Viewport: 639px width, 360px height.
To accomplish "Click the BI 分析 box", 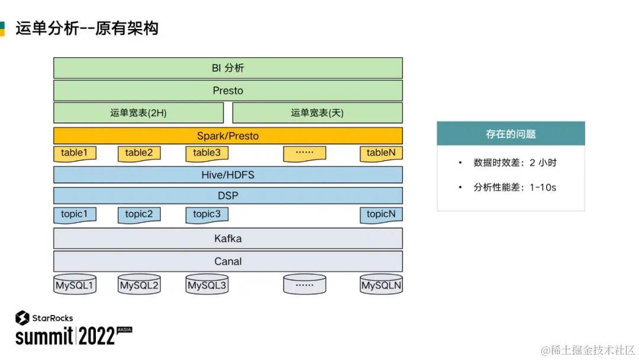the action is (x=228, y=67).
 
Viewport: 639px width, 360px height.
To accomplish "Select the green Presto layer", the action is (x=228, y=91).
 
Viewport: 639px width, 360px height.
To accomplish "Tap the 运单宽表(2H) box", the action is (x=138, y=112).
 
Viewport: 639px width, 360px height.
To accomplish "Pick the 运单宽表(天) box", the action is (x=318, y=112).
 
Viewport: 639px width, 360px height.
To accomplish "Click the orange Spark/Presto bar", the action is (x=228, y=136).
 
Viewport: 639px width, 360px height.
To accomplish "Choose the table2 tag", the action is (x=139, y=153).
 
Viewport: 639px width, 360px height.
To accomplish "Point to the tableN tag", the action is (x=381, y=153).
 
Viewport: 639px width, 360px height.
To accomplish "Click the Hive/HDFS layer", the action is (x=228, y=175).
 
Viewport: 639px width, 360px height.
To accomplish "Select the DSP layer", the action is (x=228, y=196).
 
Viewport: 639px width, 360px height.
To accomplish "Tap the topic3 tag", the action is (x=206, y=215).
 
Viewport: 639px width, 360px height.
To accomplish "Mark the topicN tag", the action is (x=381, y=215).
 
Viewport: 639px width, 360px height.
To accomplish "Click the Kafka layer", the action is (x=228, y=239).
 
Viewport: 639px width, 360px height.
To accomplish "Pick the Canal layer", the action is (x=228, y=261).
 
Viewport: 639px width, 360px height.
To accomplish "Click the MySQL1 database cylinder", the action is (x=75, y=284).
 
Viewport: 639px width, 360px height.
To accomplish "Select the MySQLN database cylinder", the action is (x=381, y=284).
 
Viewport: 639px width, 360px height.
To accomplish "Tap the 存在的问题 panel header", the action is (x=511, y=134).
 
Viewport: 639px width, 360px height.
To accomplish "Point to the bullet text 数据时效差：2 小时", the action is (x=515, y=163).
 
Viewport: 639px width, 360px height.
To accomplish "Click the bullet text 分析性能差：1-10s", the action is (x=515, y=187).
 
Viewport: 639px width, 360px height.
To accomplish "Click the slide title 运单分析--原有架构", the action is (x=87, y=28).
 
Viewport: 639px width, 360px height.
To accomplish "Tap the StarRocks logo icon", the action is (x=22, y=318).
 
